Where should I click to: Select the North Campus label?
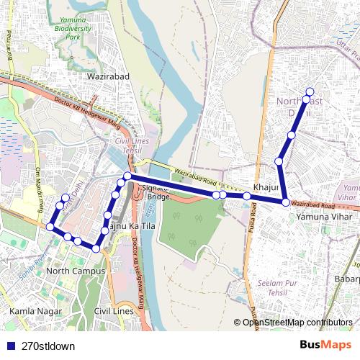[75, 271]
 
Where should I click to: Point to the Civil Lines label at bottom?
[114, 310]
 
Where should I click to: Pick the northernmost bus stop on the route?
[310, 91]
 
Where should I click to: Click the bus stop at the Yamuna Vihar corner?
[286, 203]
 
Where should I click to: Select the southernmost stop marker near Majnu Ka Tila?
[96, 248]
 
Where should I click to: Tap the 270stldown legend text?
[48, 345]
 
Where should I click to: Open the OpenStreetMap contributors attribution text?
[297, 322]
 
